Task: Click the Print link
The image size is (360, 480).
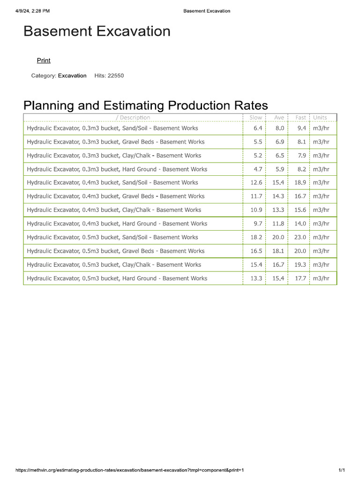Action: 44,60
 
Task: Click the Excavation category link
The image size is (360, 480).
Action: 72,75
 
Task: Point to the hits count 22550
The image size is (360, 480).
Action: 116,75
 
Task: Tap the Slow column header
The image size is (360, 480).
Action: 255,117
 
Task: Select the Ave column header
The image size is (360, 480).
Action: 279,117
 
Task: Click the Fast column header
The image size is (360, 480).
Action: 301,117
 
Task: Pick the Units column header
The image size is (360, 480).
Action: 320,117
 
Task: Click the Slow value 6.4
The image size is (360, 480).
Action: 258,128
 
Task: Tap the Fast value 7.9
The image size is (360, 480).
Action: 302,155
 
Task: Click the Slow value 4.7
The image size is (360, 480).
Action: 258,169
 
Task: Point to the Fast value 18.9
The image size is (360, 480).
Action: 300,182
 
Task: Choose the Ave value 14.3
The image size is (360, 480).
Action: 278,196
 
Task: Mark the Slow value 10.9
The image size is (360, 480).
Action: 256,210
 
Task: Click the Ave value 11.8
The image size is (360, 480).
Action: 278,224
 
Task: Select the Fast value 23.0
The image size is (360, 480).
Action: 300,237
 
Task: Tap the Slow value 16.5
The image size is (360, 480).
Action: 256,251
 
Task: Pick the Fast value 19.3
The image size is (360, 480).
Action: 300,264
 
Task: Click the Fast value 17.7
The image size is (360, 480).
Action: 300,278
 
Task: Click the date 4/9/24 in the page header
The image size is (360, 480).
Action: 23,11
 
